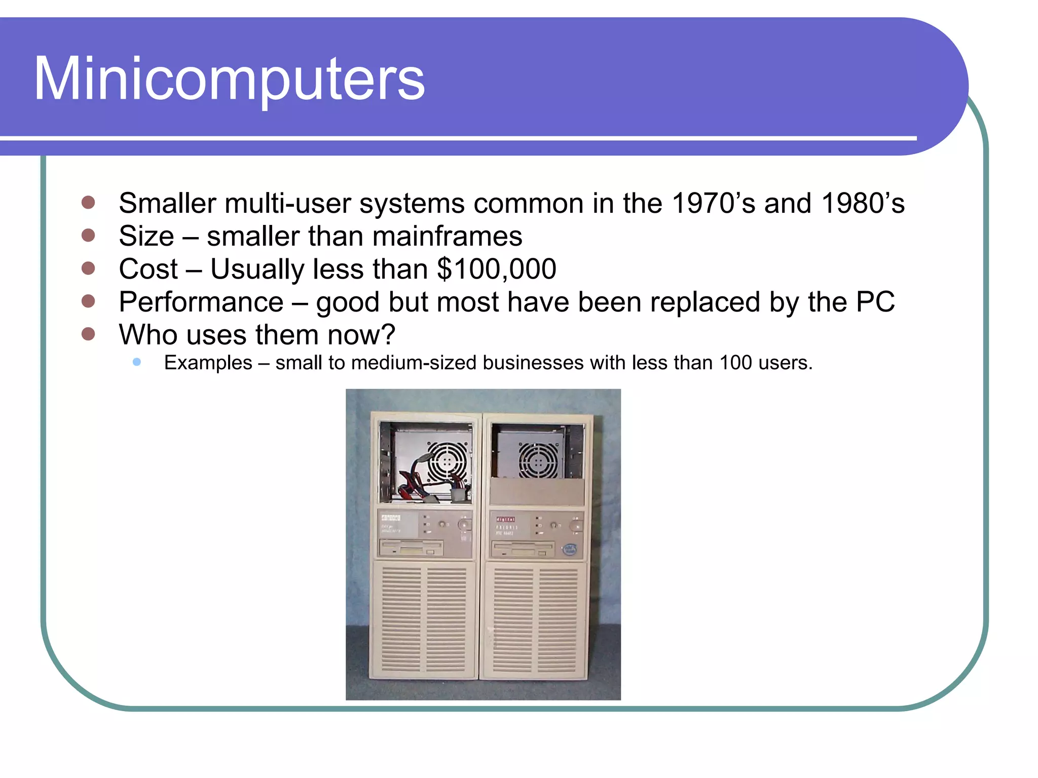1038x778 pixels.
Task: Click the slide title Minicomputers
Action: click(229, 79)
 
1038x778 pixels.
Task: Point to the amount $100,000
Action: click(497, 269)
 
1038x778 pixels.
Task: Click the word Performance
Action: click(201, 302)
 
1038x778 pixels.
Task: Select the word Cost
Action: click(148, 269)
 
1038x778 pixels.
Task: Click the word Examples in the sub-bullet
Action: click(208, 363)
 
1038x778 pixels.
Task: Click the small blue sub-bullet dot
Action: click(136, 362)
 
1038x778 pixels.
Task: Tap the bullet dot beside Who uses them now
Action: click(88, 334)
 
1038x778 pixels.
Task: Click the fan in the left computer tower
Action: click(447, 461)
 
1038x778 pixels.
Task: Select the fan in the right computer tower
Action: click(538, 461)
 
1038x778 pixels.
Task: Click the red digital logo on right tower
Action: click(505, 519)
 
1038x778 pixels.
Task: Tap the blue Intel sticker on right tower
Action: click(570, 550)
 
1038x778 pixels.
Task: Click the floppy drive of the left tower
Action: click(411, 548)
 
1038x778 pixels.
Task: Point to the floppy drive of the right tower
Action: click(523, 549)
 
